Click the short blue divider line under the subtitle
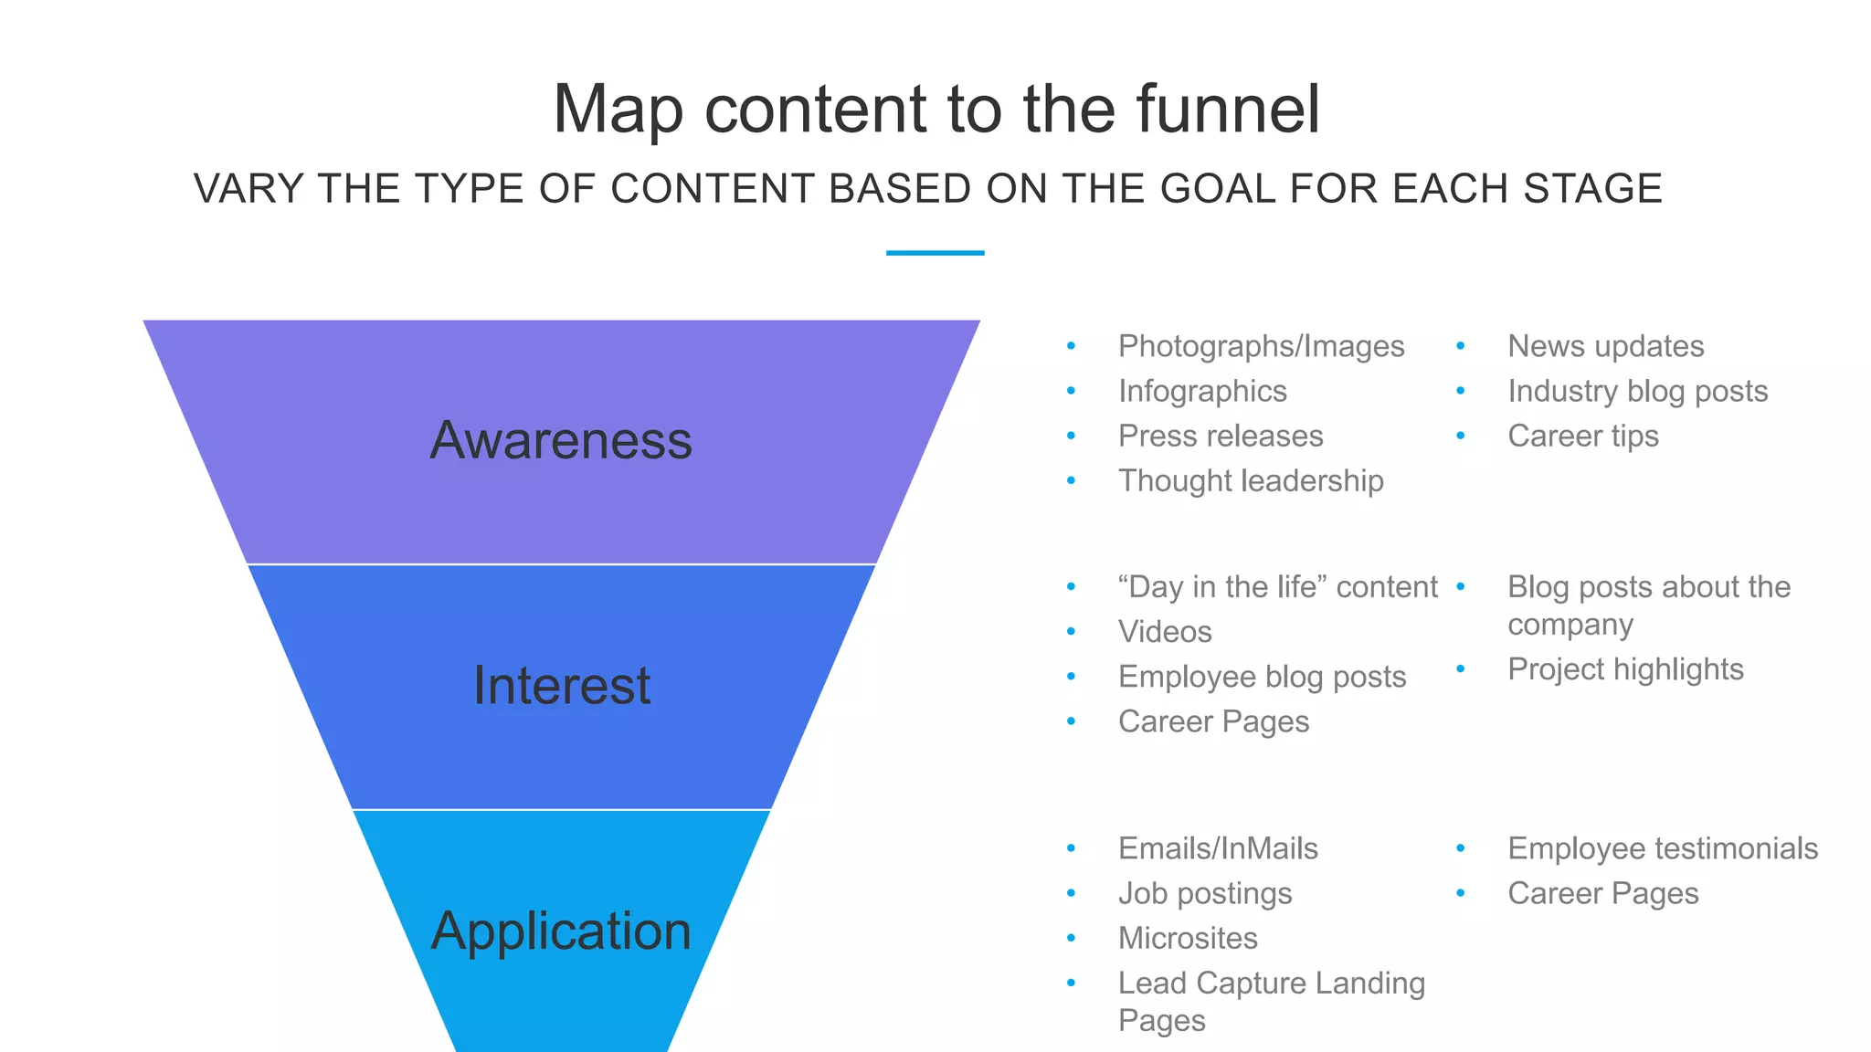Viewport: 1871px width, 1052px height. coord(935,253)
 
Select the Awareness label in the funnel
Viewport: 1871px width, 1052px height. coord(561,440)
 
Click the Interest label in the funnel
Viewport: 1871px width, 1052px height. coord(562,686)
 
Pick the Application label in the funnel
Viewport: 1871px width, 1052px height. coord(561,931)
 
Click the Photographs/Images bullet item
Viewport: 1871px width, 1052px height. coord(1261,346)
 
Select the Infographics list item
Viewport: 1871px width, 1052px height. coord(1202,391)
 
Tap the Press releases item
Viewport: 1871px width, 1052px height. coord(1221,436)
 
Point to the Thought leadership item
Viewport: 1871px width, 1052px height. coord(1251,480)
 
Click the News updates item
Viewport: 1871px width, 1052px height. coord(1605,346)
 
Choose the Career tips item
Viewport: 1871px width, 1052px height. coord(1582,436)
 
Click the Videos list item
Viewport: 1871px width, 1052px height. coord(1165,631)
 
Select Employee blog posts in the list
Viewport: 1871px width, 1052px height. coord(1262,677)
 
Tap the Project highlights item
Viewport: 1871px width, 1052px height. coord(1625,669)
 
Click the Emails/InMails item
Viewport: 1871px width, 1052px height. coord(1218,848)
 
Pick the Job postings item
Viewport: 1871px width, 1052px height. coord(1205,893)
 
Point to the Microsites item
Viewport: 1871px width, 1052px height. coord(1188,938)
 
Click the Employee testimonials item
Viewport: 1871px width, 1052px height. coord(1663,848)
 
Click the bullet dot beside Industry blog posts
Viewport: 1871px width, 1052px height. coord(1460,391)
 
